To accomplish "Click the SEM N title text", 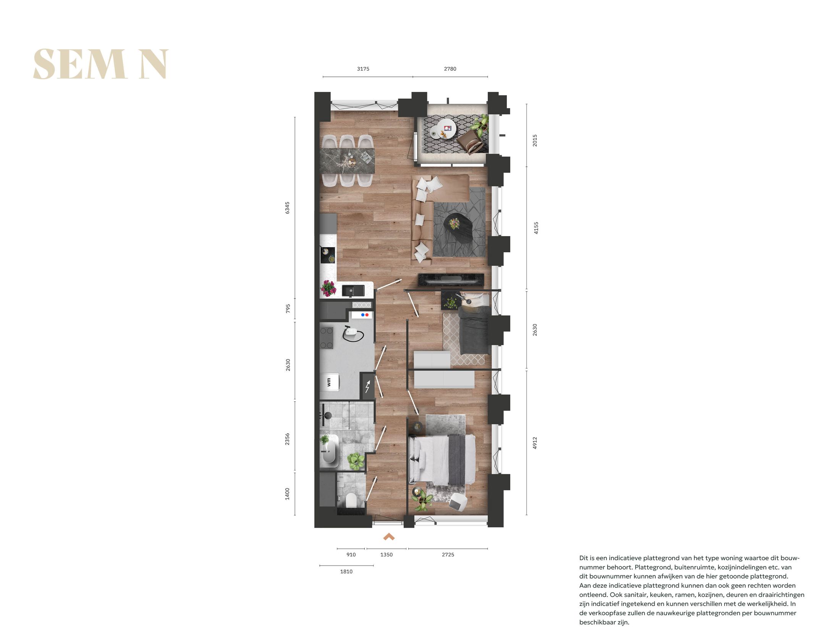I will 100,64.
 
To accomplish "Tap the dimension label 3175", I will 363,69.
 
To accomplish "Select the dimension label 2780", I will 450,69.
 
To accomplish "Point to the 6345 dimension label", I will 288,208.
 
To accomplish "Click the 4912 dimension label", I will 535,443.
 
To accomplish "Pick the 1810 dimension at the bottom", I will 346,571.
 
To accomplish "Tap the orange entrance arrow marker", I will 389,537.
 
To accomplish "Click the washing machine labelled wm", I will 330,382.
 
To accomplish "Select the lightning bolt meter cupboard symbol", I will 368,387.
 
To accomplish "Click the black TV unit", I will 451,279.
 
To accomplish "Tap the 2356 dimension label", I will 288,439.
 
